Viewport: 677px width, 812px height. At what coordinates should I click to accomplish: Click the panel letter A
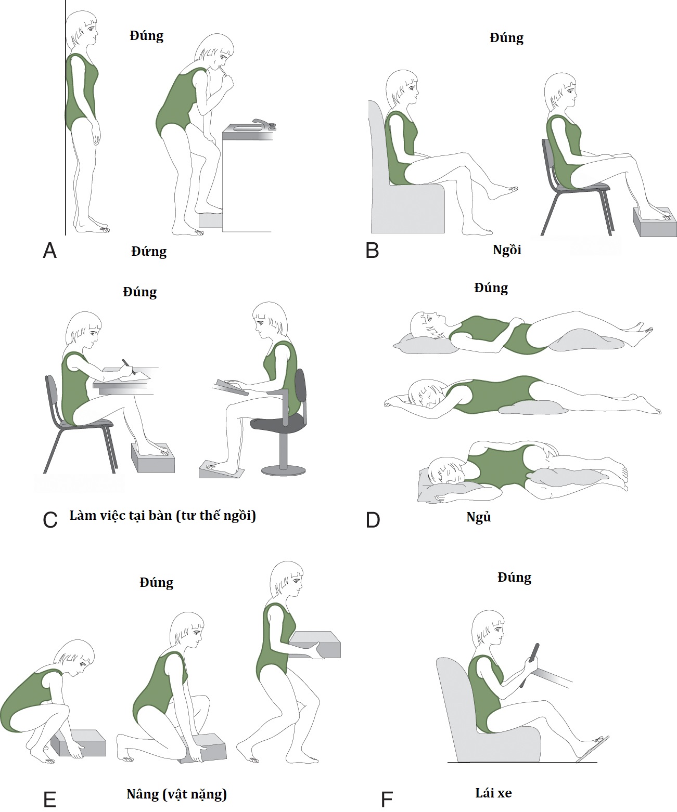tap(50, 251)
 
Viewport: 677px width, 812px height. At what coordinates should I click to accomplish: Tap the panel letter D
tap(373, 520)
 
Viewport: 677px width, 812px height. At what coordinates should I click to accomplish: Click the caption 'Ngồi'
tap(507, 250)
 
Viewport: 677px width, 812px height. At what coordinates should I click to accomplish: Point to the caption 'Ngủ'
tap(478, 517)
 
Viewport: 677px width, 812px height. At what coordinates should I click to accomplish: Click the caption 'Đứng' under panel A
tap(149, 251)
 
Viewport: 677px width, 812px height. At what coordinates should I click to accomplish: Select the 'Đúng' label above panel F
tap(514, 578)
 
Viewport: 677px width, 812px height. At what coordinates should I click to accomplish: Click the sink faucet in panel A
tap(265, 123)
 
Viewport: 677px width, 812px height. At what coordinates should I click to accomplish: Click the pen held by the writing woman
tap(129, 366)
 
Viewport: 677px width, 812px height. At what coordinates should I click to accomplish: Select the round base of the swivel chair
tap(283, 470)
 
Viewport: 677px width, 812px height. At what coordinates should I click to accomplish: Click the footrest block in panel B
tap(655, 222)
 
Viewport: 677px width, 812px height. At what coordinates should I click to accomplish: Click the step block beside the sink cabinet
tap(211, 220)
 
